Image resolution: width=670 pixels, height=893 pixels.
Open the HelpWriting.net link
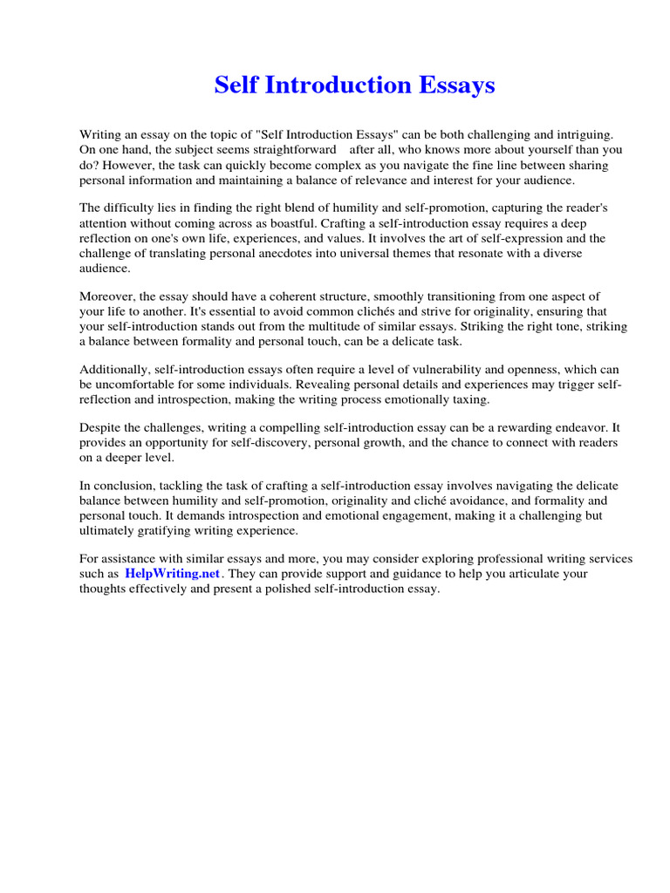coord(172,574)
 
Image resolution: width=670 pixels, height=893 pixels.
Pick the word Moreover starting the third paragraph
coord(107,297)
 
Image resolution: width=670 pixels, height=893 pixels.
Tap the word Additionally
coord(115,370)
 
